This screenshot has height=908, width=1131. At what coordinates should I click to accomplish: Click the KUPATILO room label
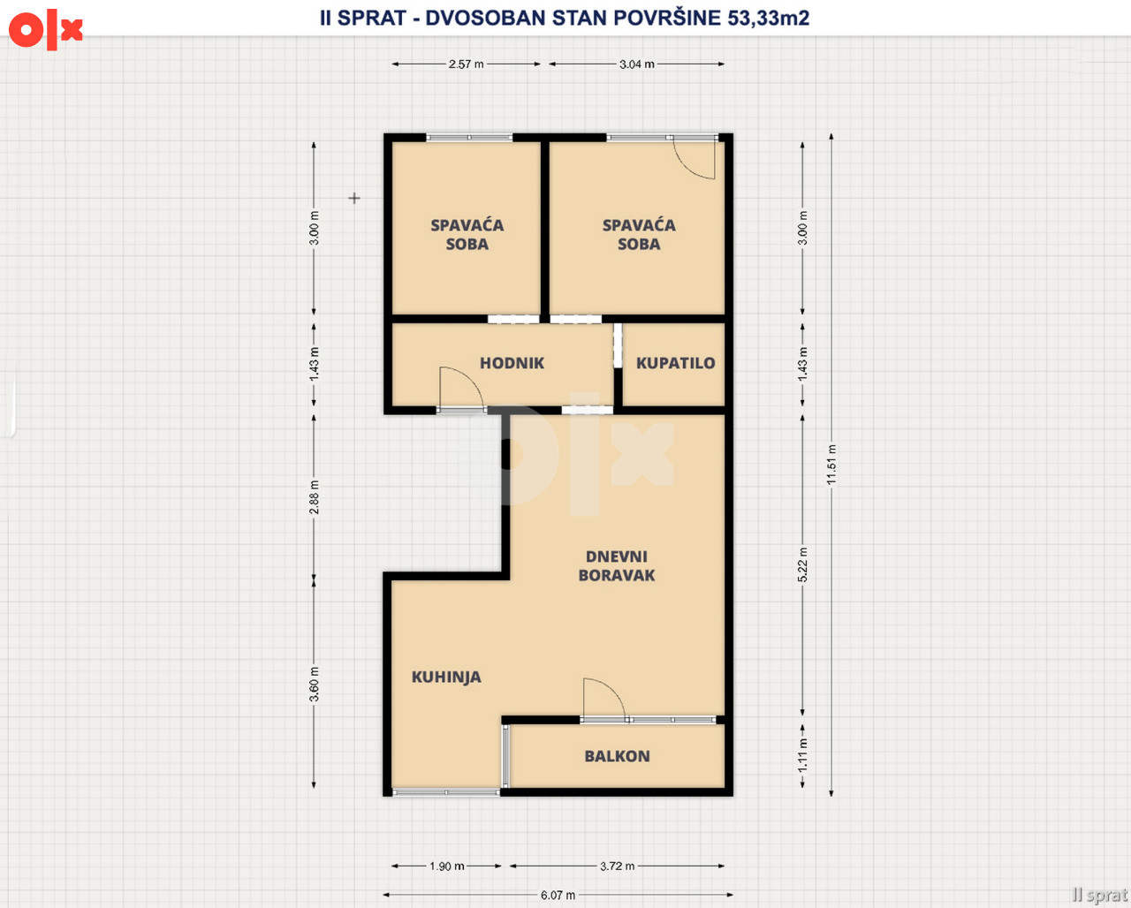675,363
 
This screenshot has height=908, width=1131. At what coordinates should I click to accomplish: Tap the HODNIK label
512,363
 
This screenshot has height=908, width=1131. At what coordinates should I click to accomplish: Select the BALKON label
617,756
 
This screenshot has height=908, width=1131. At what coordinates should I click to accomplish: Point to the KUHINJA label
446,677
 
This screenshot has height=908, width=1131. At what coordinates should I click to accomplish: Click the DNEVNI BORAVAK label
617,566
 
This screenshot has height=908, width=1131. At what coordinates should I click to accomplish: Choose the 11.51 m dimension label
831,465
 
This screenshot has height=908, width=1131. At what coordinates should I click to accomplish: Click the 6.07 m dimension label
558,895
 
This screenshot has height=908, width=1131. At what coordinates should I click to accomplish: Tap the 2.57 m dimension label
466,64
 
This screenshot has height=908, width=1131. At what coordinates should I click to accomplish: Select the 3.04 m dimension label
636,64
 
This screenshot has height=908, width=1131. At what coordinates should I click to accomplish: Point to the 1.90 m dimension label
447,866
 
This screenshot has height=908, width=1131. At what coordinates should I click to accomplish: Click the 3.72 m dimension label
617,866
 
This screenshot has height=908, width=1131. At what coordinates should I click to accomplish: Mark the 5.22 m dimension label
802,564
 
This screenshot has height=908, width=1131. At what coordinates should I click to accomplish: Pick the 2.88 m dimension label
314,497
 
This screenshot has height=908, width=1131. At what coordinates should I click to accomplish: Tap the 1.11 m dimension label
802,755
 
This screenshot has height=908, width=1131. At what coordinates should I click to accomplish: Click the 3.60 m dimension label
314,685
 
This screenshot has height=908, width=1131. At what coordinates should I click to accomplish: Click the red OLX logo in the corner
46,29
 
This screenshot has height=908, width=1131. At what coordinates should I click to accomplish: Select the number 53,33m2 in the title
769,18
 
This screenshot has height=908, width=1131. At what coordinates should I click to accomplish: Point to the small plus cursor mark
354,198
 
